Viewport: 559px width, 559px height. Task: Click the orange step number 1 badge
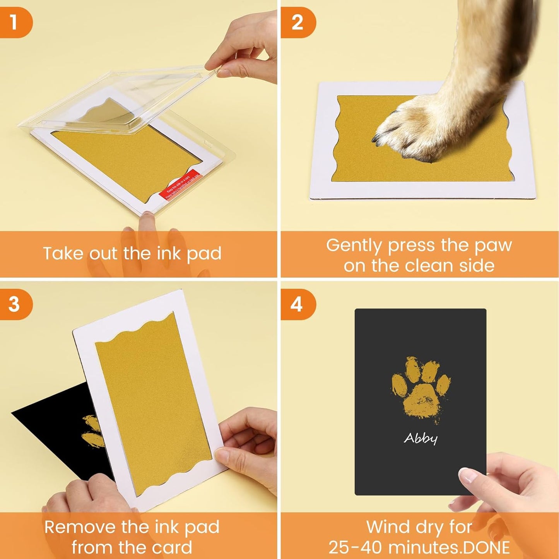tap(15, 22)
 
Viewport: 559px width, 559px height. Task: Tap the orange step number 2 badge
tap(297, 22)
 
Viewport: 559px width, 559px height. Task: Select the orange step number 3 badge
tap(15, 304)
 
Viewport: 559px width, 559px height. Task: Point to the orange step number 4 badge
tap(297, 304)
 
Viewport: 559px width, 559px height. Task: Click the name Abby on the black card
tap(421, 438)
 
